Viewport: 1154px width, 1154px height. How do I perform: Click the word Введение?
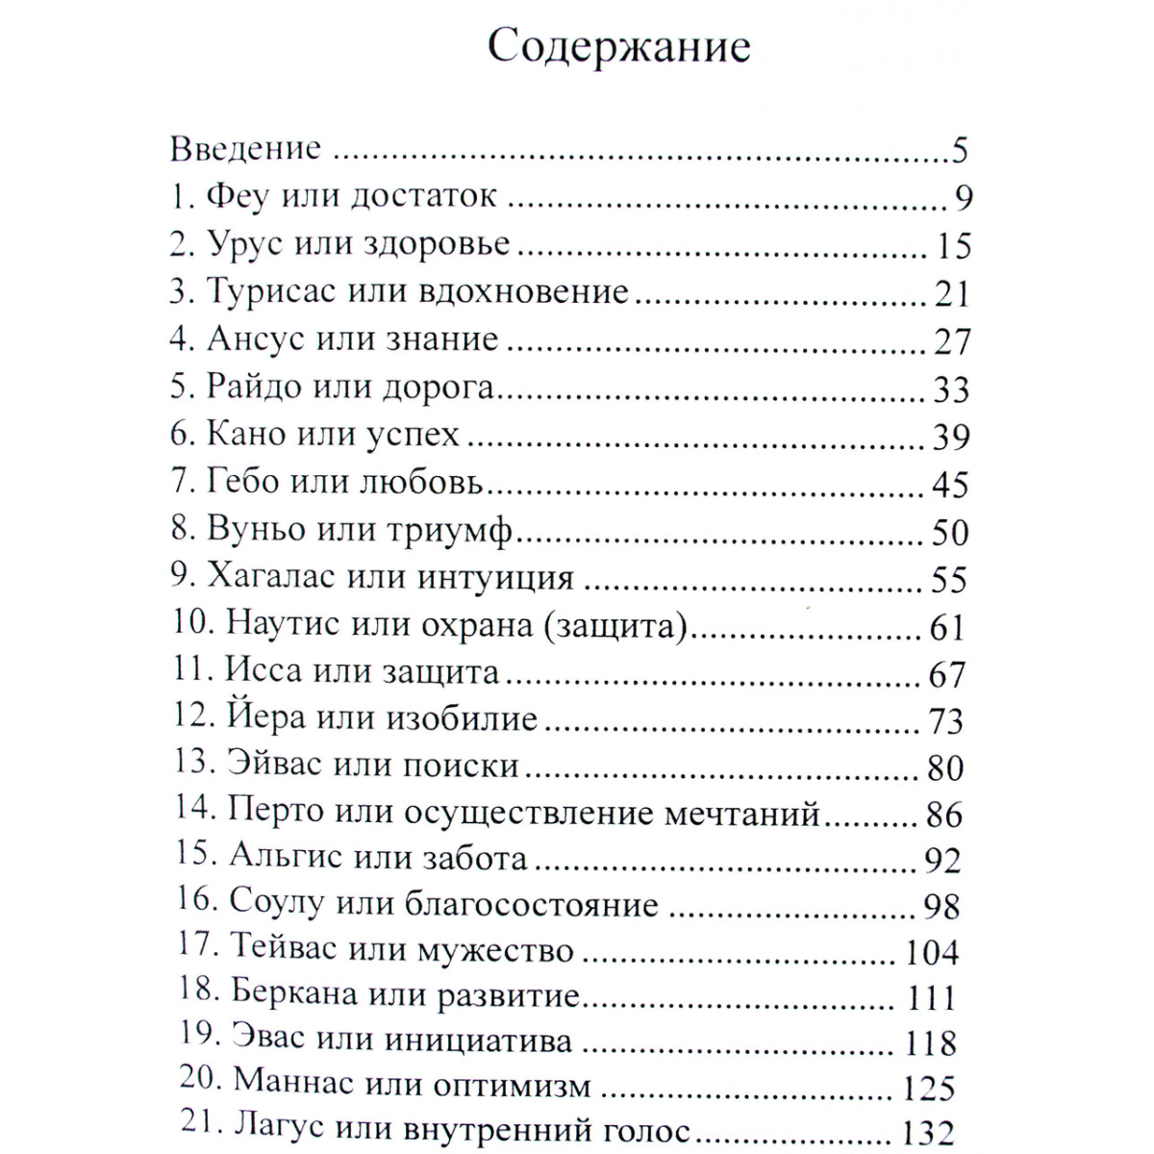tap(245, 149)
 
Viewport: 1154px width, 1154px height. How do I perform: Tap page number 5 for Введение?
tap(958, 151)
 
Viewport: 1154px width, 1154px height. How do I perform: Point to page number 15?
tap(953, 246)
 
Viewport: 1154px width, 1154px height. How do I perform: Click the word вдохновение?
tap(523, 291)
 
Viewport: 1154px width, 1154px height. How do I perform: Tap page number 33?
tap(951, 389)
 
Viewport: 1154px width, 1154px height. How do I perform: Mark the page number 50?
tap(950, 532)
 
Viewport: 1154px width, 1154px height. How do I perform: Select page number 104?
tap(932, 952)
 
